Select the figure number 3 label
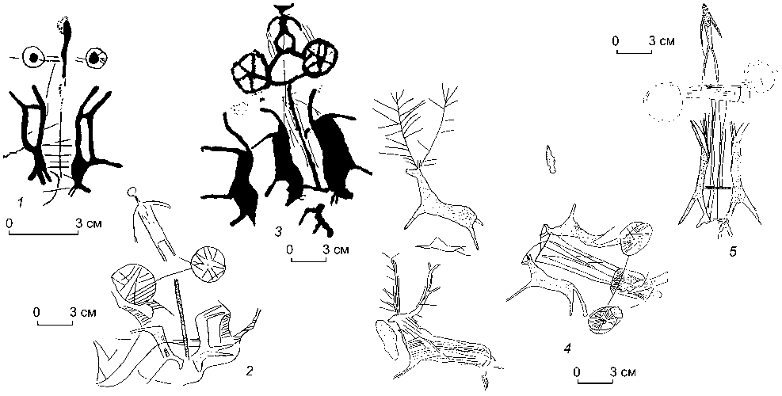pyautogui.click(x=278, y=230)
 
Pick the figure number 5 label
pyautogui.click(x=732, y=252)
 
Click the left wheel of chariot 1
pyautogui.click(x=33, y=58)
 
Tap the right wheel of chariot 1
pyautogui.click(x=95, y=59)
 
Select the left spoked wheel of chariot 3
pyautogui.click(x=250, y=72)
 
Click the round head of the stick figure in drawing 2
pyautogui.click(x=132, y=191)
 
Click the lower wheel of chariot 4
pyautogui.click(x=605, y=320)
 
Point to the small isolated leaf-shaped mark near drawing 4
pyautogui.click(x=551, y=159)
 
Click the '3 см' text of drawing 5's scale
pyautogui.click(x=662, y=41)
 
